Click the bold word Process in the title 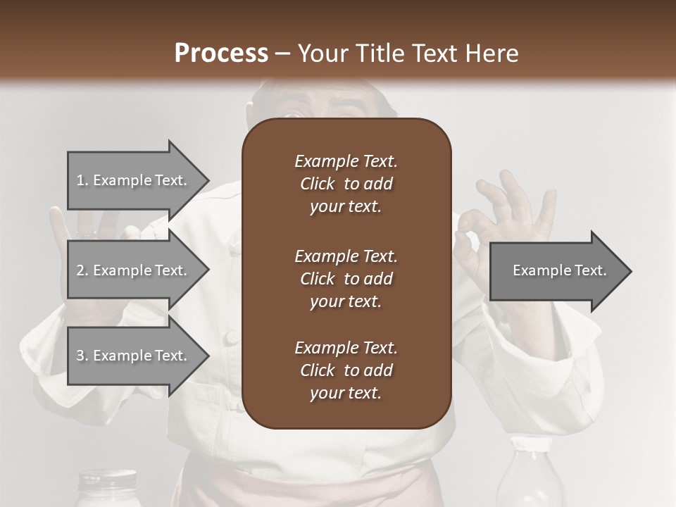click(x=221, y=54)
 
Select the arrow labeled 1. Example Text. click(x=134, y=180)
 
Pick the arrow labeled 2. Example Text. click(x=134, y=270)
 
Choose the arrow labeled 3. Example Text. click(x=134, y=356)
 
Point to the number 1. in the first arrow click(x=82, y=181)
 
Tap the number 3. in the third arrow click(x=82, y=356)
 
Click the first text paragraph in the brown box click(x=346, y=184)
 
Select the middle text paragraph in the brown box click(x=346, y=278)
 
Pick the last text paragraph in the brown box click(x=346, y=370)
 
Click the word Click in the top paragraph click(x=317, y=184)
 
